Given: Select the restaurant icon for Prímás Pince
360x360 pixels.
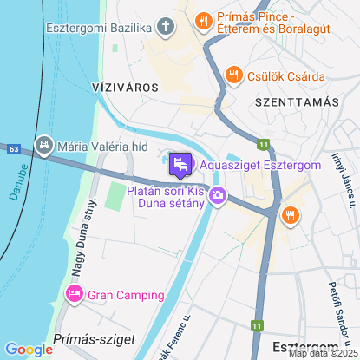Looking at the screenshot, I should click(202, 19).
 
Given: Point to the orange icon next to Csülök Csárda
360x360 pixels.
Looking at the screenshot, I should click(232, 76).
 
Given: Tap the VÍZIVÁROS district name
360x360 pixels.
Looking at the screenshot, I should click(124, 88).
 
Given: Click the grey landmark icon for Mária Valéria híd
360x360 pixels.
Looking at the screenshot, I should click(43, 144).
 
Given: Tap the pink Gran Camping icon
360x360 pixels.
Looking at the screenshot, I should click(75, 295).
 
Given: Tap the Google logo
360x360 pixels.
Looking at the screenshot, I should click(29, 349).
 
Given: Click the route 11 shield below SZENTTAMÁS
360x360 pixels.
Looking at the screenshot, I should click(262, 143).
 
